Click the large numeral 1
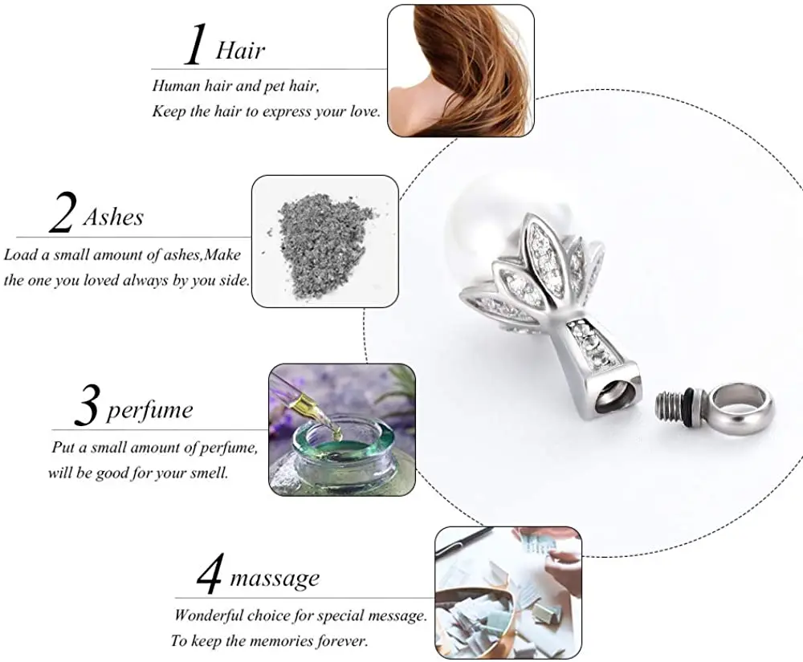point(197,46)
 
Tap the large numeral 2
point(62,213)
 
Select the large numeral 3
point(86,407)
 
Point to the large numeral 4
point(210,575)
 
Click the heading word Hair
point(240,51)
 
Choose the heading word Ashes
point(113,217)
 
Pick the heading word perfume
point(149,411)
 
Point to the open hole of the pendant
point(613,396)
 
